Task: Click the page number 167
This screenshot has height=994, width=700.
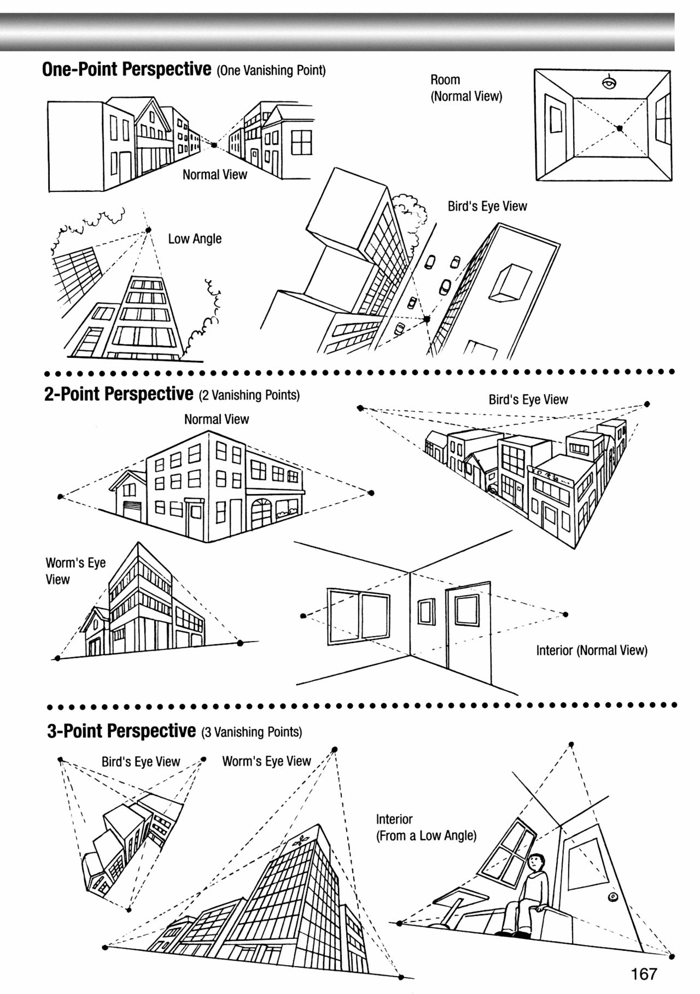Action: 643,973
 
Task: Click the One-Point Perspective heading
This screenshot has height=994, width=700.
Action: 126,70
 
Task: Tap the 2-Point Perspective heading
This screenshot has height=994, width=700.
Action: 119,394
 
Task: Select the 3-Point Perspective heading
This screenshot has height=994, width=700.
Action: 121,731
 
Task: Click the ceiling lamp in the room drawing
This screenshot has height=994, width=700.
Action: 609,83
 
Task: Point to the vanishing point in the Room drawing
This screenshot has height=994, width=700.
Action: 620,128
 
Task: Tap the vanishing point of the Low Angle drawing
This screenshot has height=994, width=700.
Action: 148,231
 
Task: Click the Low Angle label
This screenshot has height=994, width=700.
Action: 195,239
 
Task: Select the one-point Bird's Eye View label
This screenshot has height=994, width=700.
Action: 487,207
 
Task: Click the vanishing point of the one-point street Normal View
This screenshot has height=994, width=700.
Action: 214,145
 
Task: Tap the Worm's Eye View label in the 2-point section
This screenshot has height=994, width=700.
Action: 75,571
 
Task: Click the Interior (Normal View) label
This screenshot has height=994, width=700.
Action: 591,650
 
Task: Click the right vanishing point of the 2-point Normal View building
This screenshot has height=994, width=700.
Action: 372,493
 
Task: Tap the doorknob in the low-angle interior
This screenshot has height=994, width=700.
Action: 612,897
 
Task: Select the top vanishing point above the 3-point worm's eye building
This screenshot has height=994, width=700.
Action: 335,749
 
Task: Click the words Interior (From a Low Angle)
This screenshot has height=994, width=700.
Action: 426,827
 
